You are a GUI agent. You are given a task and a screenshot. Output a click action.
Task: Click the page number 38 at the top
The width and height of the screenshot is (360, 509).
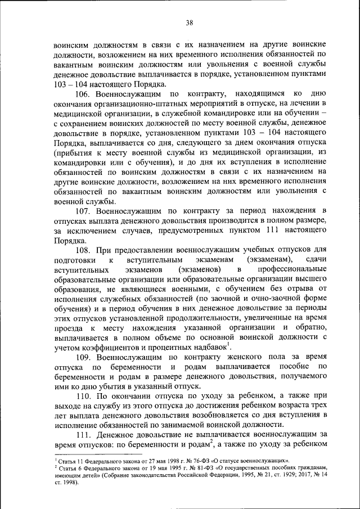point(189,22)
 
